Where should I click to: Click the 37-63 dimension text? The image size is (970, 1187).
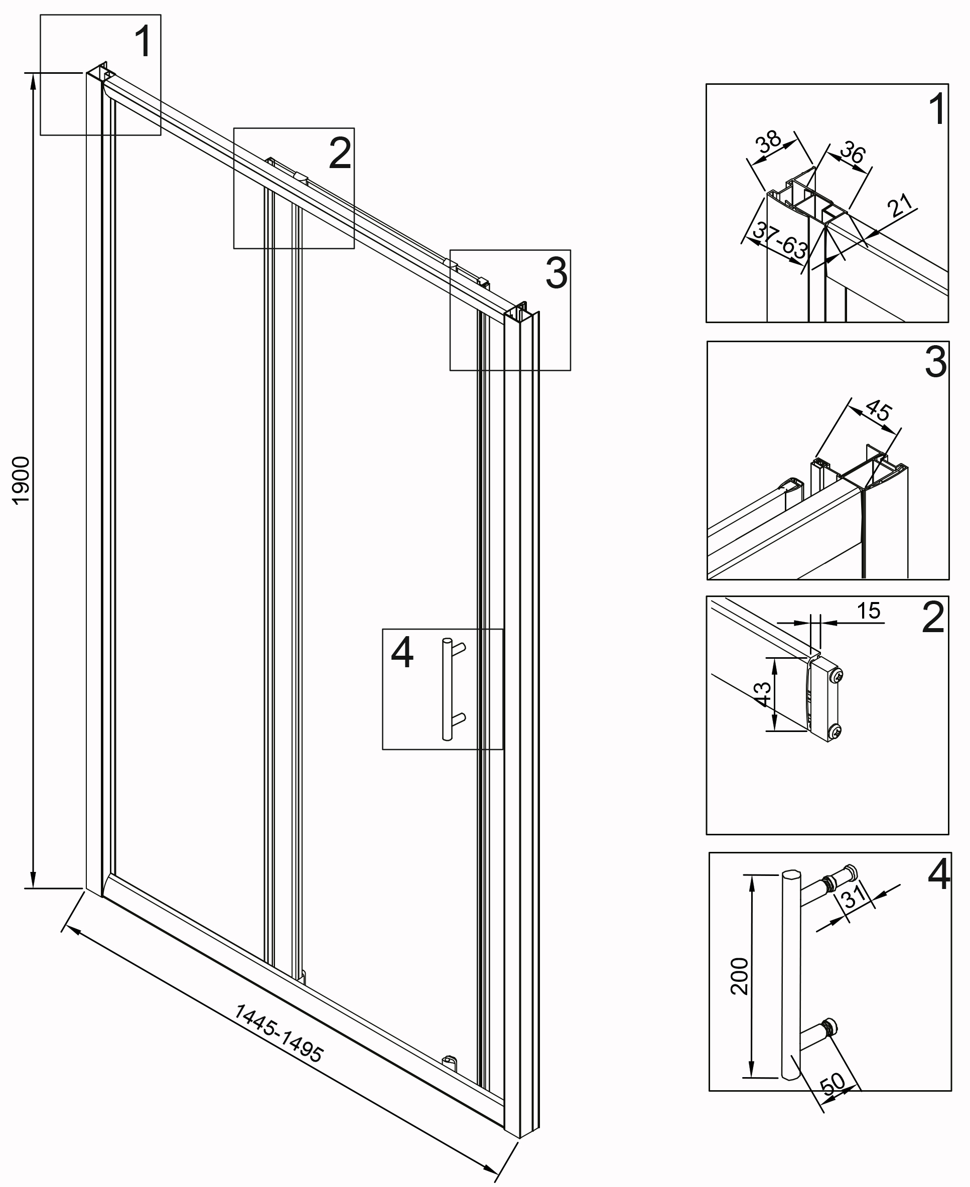pyautogui.click(x=779, y=240)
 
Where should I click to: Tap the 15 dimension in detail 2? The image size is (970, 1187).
pyautogui.click(x=868, y=611)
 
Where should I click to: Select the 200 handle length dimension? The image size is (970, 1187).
pyautogui.click(x=739, y=976)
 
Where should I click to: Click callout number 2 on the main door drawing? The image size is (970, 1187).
pyautogui.click(x=340, y=153)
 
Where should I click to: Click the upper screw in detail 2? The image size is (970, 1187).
pyautogui.click(x=837, y=676)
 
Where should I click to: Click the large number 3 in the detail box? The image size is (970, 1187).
pyautogui.click(x=936, y=362)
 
